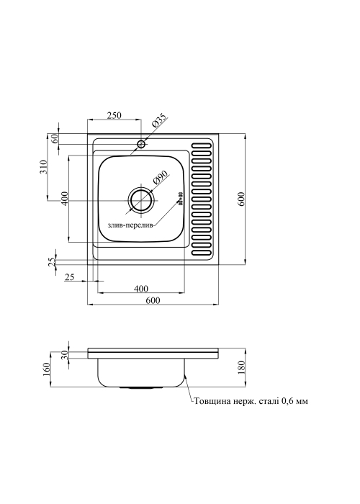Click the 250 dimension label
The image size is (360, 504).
[114, 114]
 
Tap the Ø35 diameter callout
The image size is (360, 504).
[158, 121]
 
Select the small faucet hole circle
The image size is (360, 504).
[141, 144]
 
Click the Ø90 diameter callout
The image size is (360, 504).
[161, 178]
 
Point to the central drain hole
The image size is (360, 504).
[141, 201]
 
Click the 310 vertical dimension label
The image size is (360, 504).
[43, 167]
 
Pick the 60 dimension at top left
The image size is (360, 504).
[54, 138]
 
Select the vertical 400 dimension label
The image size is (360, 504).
[64, 199]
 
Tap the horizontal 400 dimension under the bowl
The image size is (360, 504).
[141, 288]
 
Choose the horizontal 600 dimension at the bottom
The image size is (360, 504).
[153, 300]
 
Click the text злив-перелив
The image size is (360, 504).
[131, 225]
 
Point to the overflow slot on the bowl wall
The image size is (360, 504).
[180, 199]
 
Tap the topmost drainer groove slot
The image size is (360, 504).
[202, 145]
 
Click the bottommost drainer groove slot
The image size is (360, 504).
[202, 252]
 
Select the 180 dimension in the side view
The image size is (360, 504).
[242, 367]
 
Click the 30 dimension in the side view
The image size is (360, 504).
[65, 355]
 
